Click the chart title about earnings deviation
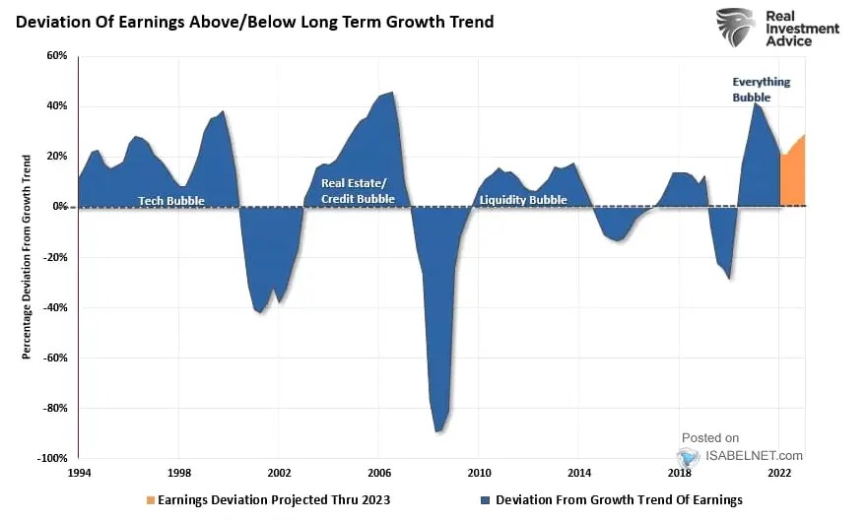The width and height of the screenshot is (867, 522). tap(254, 21)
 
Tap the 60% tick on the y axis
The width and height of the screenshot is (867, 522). tap(55, 56)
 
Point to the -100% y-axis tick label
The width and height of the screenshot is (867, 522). tap(52, 458)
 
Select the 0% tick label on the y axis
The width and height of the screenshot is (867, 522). tap(59, 207)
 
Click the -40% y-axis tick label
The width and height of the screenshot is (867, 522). tap(55, 307)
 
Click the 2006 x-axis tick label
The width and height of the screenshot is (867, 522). tap(379, 473)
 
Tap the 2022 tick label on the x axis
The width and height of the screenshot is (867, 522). tap(780, 473)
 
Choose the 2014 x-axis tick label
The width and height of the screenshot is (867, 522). tap(579, 473)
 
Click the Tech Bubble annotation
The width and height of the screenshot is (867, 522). tap(171, 200)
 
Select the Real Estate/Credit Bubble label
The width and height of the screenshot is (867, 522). tap(358, 191)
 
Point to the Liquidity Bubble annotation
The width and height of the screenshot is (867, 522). tap(523, 200)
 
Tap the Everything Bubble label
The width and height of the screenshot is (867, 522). tap(761, 90)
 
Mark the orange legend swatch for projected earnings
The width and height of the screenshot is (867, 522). tap(150, 500)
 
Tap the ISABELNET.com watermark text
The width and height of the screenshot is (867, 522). tap(752, 455)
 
